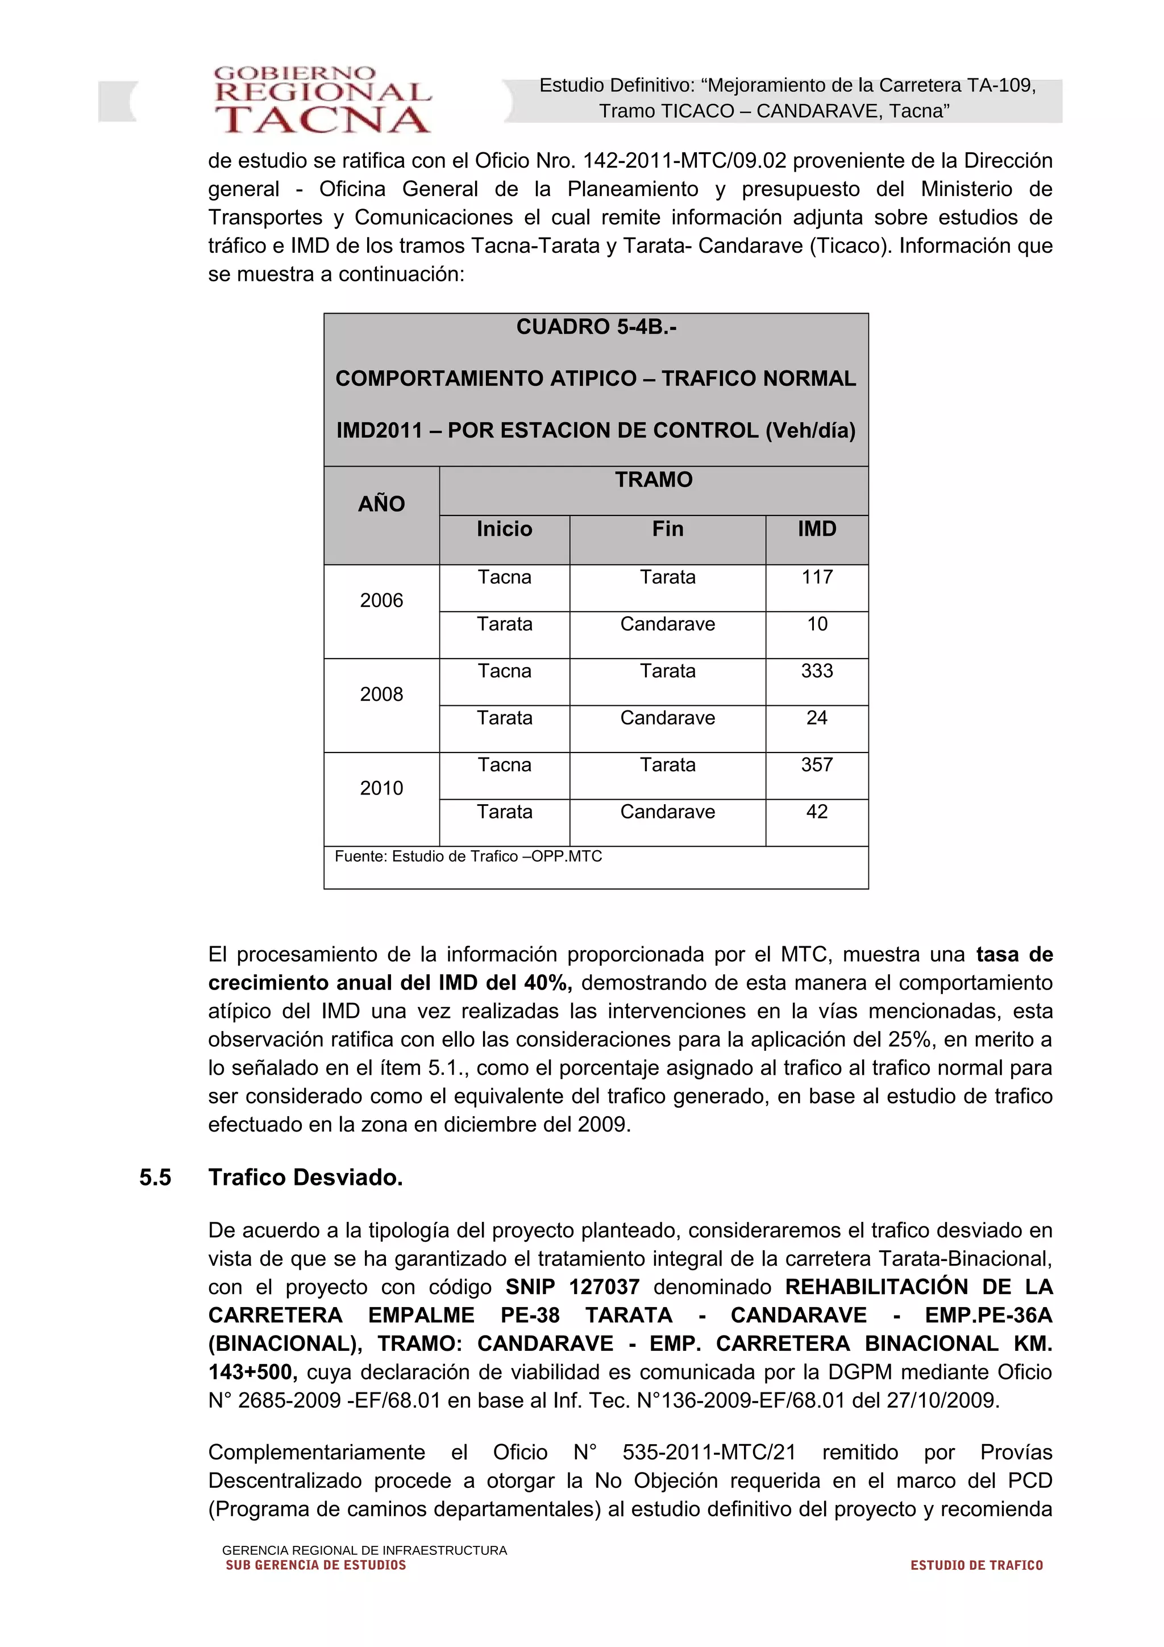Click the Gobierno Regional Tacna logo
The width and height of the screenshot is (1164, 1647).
pyautogui.click(x=323, y=101)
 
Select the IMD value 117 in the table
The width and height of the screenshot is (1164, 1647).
pyautogui.click(x=816, y=577)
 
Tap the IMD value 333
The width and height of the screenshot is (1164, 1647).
pyautogui.click(x=816, y=671)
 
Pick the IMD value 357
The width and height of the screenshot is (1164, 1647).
pyautogui.click(x=816, y=765)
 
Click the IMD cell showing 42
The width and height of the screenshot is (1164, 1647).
pyautogui.click(x=816, y=812)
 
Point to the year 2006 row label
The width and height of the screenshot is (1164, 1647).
pyautogui.click(x=381, y=600)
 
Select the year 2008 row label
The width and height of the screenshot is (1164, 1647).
pyautogui.click(x=381, y=694)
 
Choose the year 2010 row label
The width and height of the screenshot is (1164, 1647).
pyautogui.click(x=381, y=788)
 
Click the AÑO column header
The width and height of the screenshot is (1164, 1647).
pyautogui.click(x=381, y=504)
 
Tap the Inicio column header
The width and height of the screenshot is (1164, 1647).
pyautogui.click(x=504, y=530)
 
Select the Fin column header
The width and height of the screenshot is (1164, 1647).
pyautogui.click(x=667, y=530)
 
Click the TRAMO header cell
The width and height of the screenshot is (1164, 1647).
pyautogui.click(x=654, y=480)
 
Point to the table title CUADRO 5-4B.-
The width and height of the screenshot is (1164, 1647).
pyautogui.click(x=596, y=327)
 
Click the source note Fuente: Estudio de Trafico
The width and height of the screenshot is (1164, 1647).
pyautogui.click(x=468, y=856)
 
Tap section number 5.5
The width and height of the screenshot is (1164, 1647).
pyautogui.click(x=155, y=1177)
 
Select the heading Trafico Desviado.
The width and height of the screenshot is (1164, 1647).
pyautogui.click(x=306, y=1177)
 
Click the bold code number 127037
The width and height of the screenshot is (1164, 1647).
pyautogui.click(x=604, y=1287)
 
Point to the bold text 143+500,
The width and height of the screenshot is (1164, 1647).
pyautogui.click(x=252, y=1372)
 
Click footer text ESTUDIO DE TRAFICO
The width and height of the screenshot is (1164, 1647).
pyautogui.click(x=976, y=1565)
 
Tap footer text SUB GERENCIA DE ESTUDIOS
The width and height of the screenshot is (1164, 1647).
pyautogui.click(x=315, y=1565)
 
